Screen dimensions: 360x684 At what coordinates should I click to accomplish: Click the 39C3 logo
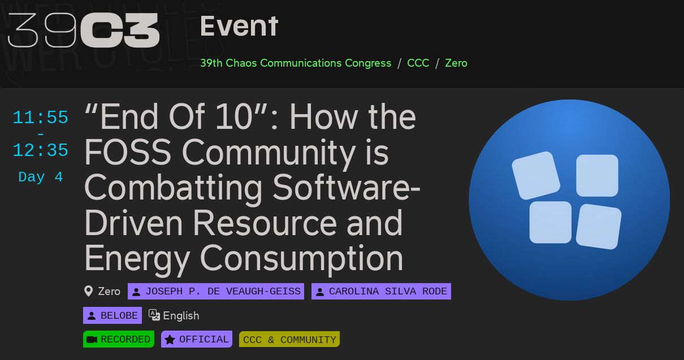pyautogui.click(x=83, y=30)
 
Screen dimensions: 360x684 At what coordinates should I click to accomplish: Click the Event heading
pyautogui.click(x=239, y=27)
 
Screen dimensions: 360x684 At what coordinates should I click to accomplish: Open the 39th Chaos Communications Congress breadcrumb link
pyautogui.click(x=296, y=63)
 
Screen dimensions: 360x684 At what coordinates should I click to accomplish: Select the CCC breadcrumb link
pyautogui.click(x=418, y=63)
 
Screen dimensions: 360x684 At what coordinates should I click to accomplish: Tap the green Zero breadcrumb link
pyautogui.click(x=456, y=63)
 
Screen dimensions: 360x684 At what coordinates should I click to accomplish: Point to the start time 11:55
pyautogui.click(x=40, y=118)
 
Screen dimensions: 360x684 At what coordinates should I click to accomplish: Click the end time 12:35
pyautogui.click(x=40, y=150)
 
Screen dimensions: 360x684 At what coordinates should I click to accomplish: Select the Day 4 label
pyautogui.click(x=40, y=177)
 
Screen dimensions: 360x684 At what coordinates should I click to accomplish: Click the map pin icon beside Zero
pyautogui.click(x=88, y=292)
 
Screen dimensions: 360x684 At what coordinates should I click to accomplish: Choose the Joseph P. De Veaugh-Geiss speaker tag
pyautogui.click(x=216, y=292)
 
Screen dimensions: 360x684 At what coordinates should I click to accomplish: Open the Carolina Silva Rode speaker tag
pyautogui.click(x=381, y=292)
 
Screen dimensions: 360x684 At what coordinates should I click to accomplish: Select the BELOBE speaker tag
pyautogui.click(x=112, y=315)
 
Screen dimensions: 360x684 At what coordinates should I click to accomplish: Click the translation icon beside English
pyautogui.click(x=154, y=315)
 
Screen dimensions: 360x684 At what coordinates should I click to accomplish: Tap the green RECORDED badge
pyautogui.click(x=119, y=339)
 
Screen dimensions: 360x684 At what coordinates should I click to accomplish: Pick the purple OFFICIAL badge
pyautogui.click(x=197, y=339)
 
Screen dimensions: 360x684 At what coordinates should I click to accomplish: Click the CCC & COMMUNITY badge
pyautogui.click(x=289, y=340)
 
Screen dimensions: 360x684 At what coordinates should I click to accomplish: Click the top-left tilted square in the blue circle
pyautogui.click(x=535, y=175)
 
